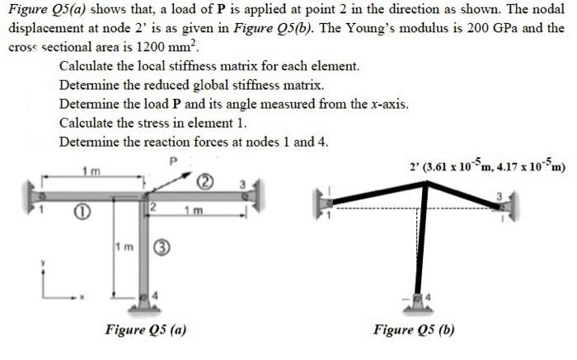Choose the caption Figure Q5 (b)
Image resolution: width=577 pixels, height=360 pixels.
[414, 330]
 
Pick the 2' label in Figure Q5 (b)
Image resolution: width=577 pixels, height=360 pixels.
[414, 166]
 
